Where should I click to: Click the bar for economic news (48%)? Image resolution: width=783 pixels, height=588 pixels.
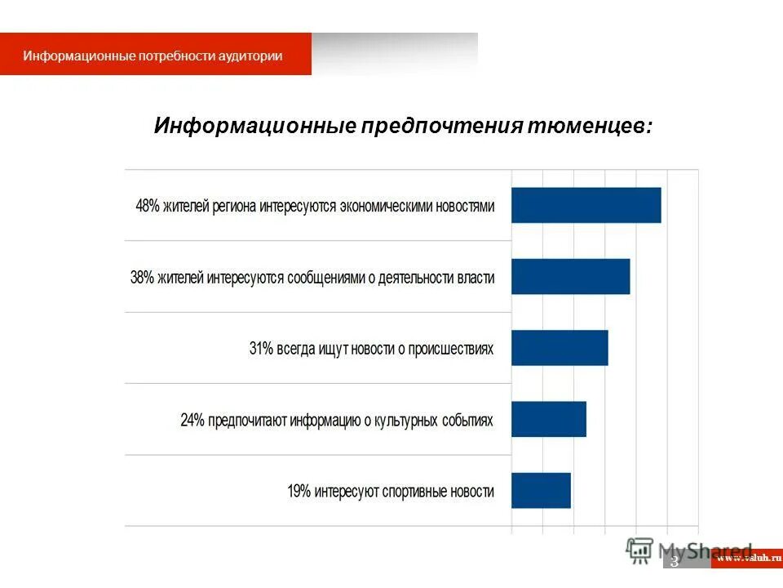click(x=586, y=205)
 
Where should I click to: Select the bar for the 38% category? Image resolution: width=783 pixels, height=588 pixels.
click(x=570, y=276)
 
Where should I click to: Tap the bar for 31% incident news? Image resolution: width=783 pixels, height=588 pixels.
click(x=560, y=348)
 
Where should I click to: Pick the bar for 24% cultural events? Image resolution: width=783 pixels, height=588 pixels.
click(x=548, y=419)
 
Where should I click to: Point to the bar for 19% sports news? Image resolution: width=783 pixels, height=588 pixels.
click(x=541, y=490)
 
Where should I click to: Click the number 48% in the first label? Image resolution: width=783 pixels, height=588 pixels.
click(x=148, y=206)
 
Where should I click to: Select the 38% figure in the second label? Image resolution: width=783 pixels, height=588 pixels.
click(x=142, y=278)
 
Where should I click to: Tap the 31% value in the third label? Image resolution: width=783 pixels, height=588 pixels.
click(x=261, y=349)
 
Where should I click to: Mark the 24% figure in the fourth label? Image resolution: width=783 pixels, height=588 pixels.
click(x=192, y=421)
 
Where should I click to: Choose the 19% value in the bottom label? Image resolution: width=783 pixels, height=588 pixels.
click(x=299, y=492)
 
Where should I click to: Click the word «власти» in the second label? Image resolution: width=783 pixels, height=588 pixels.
click(x=476, y=278)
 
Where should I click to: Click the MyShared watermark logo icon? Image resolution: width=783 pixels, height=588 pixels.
click(x=640, y=551)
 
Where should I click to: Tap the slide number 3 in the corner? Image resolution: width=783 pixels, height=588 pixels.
click(x=675, y=562)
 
